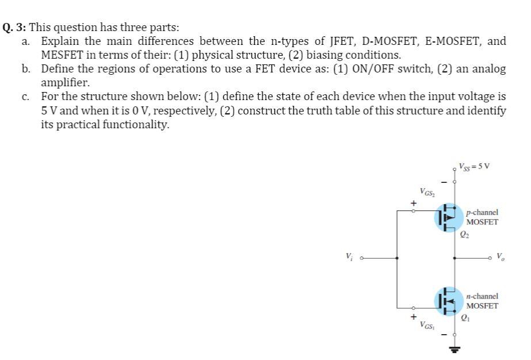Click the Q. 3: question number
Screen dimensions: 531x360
[15, 26]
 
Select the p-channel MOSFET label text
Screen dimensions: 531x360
[483, 217]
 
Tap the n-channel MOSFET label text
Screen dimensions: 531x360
[482, 301]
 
